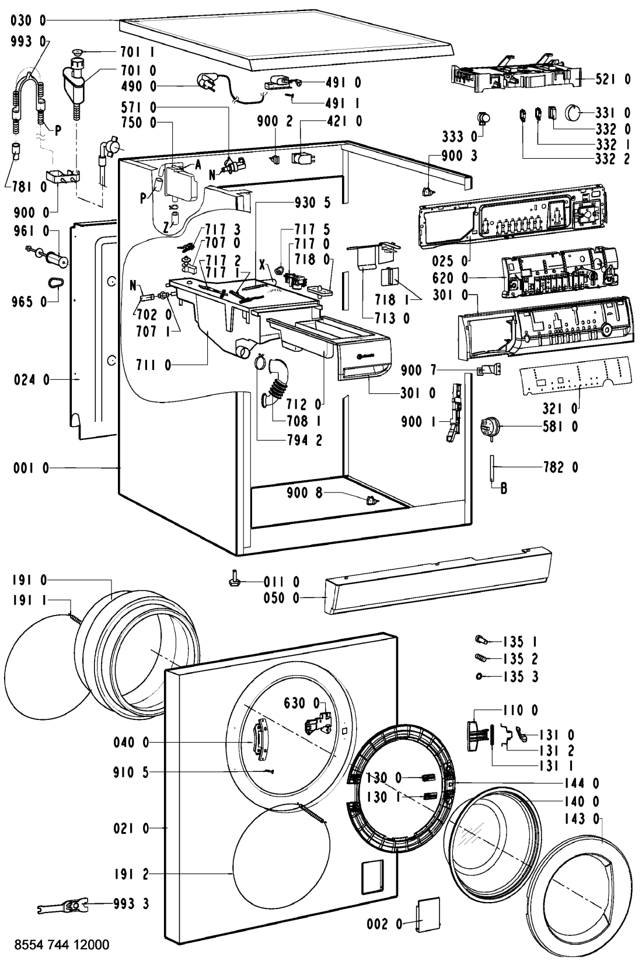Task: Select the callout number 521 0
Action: coord(612,79)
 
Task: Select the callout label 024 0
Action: coord(30,380)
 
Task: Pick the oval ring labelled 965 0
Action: coord(55,284)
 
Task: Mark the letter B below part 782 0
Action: coord(503,489)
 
